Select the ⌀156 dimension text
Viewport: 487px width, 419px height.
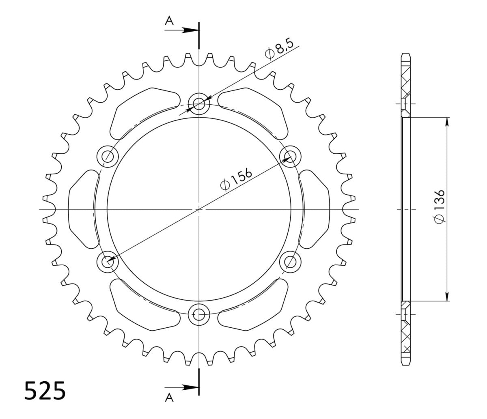[x=236, y=179]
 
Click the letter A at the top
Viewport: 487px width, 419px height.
[x=169, y=21]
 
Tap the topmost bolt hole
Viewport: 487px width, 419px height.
[x=199, y=103]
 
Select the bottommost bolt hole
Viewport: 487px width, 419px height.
[x=199, y=314]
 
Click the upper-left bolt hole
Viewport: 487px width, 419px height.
[x=108, y=157]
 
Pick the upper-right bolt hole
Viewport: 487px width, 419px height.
[x=290, y=157]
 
